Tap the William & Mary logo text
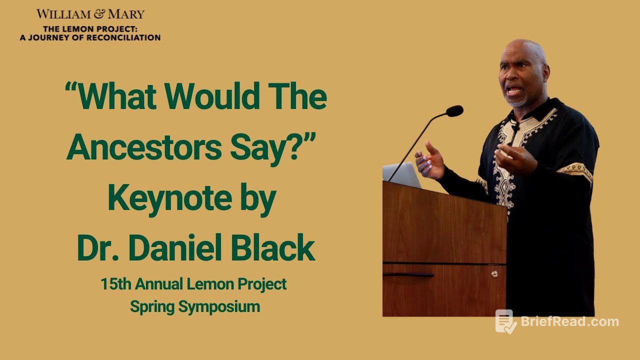click(90, 13)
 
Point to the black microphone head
click(454, 111)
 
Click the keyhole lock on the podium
click(494, 274)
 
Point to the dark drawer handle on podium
click(408, 275)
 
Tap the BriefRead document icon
click(506, 321)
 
